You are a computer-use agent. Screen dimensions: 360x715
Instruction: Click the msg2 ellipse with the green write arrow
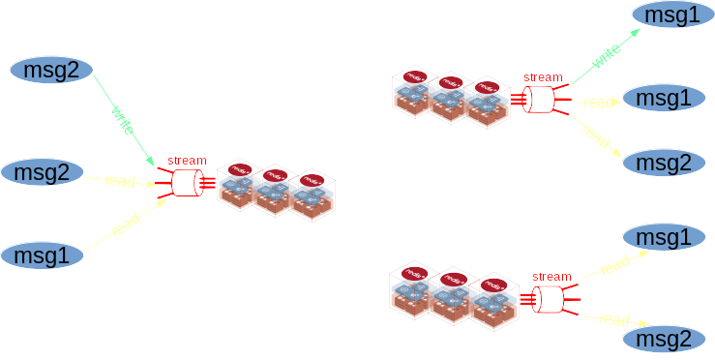click(x=51, y=70)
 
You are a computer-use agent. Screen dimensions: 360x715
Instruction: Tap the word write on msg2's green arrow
click(x=123, y=119)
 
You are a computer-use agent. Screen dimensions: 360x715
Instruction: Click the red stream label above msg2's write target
click(x=187, y=161)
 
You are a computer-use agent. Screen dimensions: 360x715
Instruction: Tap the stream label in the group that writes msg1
click(x=542, y=77)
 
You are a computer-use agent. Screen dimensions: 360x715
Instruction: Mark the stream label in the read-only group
click(x=551, y=277)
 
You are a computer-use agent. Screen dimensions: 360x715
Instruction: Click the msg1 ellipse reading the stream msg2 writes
click(x=43, y=255)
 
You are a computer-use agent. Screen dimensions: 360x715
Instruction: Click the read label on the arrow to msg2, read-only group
click(x=613, y=320)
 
